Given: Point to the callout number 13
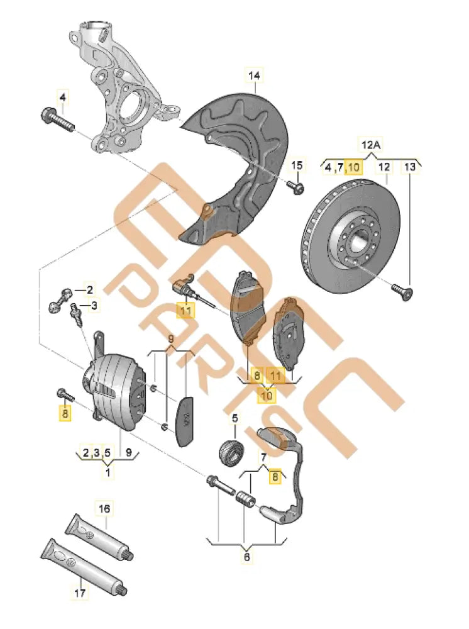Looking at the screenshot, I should [410, 167].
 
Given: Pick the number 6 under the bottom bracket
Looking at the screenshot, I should [246, 557].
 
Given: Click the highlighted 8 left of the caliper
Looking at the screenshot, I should [65, 413].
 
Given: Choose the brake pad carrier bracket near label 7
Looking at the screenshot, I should [290, 478].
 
